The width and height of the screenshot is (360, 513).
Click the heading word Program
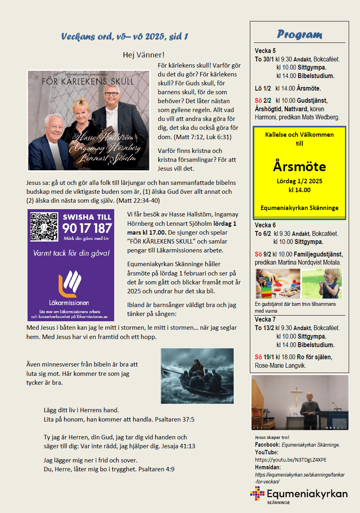pyautogui.click(x=299, y=34)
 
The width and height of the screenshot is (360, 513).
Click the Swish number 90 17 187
pyautogui.click(x=87, y=228)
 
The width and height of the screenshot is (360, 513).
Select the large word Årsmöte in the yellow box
pyautogui.click(x=299, y=167)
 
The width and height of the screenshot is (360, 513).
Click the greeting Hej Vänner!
pyautogui.click(x=143, y=55)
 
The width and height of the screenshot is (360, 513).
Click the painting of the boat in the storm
pyautogui.click(x=197, y=376)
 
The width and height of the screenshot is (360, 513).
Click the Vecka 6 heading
pyautogui.click(x=265, y=225)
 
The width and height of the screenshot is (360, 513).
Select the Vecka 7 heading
pyautogui.click(x=265, y=320)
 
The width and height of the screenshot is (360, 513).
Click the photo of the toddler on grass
pyautogui.click(x=322, y=283)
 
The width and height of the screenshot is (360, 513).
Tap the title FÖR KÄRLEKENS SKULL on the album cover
pyautogui.click(x=88, y=81)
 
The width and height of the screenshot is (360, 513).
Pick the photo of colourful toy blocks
pyautogui.click(x=277, y=283)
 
